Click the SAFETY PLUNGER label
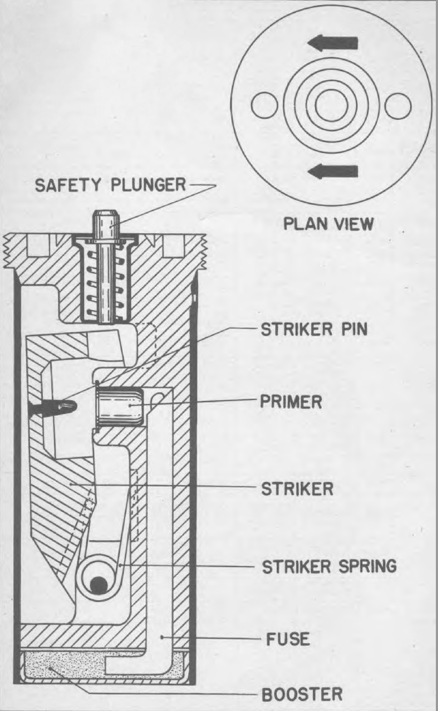(x=110, y=185)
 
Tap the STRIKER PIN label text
(x=314, y=329)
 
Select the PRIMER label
(x=291, y=402)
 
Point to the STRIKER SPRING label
(x=329, y=566)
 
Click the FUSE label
(x=288, y=639)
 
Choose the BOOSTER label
(x=302, y=694)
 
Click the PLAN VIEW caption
(x=328, y=224)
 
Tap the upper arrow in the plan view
(x=333, y=43)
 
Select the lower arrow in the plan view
(x=333, y=171)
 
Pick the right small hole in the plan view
(x=398, y=106)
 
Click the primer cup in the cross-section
(x=119, y=407)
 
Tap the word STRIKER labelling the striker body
(x=297, y=488)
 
